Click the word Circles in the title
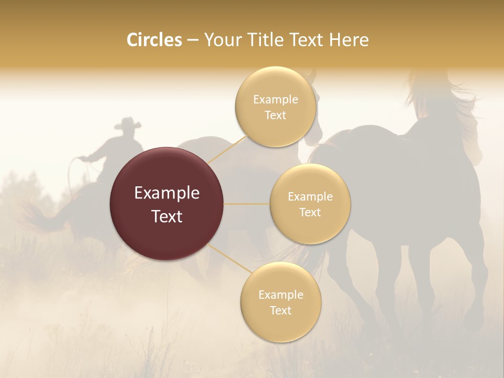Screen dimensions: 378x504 154,40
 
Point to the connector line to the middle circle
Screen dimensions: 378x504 247,204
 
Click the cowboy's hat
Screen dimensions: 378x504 128,124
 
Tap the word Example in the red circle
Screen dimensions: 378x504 166,193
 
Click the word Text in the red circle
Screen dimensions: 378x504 166,216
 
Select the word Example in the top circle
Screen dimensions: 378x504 275,100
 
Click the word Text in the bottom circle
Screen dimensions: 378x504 280,310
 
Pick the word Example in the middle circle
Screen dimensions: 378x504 310,197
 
